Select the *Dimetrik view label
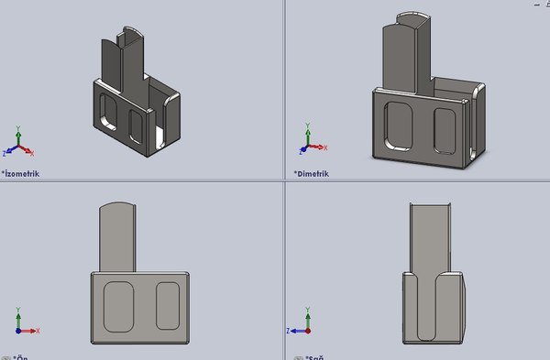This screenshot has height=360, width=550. (x=313, y=173)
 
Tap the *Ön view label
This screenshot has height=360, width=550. (x=19, y=357)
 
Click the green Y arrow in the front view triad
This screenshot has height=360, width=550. (x=18, y=315)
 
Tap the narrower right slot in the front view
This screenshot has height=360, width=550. (x=167, y=306)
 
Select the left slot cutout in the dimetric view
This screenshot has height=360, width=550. (x=400, y=126)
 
